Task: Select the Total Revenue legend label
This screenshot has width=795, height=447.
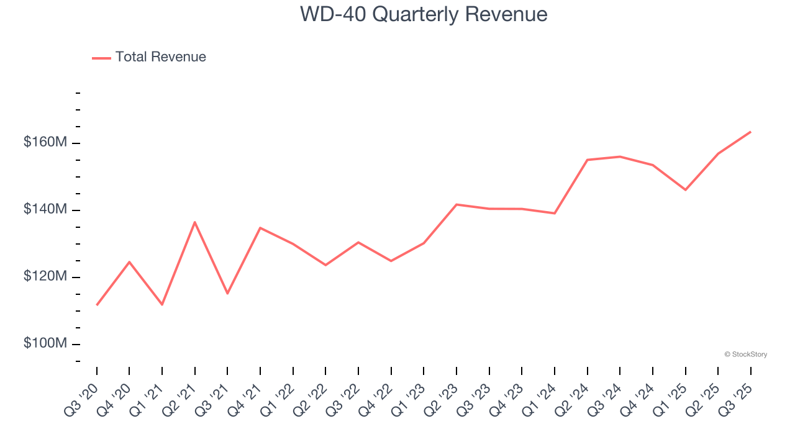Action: tap(160, 57)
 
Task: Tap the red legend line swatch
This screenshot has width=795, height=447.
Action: tap(101, 58)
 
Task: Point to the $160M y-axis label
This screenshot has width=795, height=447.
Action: tap(45, 142)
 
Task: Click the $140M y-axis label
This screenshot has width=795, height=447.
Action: tap(45, 209)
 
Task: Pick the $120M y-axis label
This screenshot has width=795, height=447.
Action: tap(45, 276)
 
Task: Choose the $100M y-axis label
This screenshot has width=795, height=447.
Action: tap(45, 343)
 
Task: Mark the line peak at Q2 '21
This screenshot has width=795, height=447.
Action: tap(195, 222)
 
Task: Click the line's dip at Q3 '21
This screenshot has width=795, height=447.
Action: tap(227, 293)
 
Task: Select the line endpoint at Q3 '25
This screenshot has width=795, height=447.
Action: tap(750, 132)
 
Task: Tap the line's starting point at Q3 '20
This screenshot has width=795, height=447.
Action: tap(97, 305)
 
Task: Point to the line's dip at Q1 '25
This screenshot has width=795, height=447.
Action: tap(685, 189)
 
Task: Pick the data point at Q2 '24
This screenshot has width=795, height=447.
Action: tap(587, 160)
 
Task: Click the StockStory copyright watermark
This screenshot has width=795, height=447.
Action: tap(745, 354)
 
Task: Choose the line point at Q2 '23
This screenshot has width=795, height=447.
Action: tap(457, 204)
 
